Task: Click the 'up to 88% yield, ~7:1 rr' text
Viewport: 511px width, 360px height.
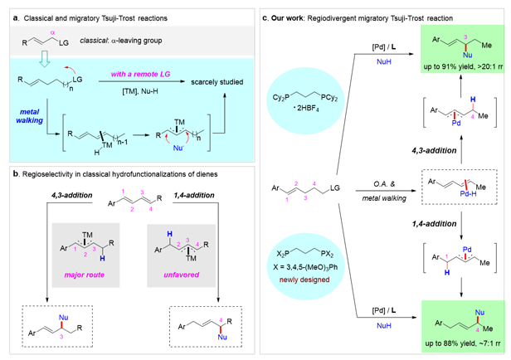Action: pyautogui.click(x=450, y=342)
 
